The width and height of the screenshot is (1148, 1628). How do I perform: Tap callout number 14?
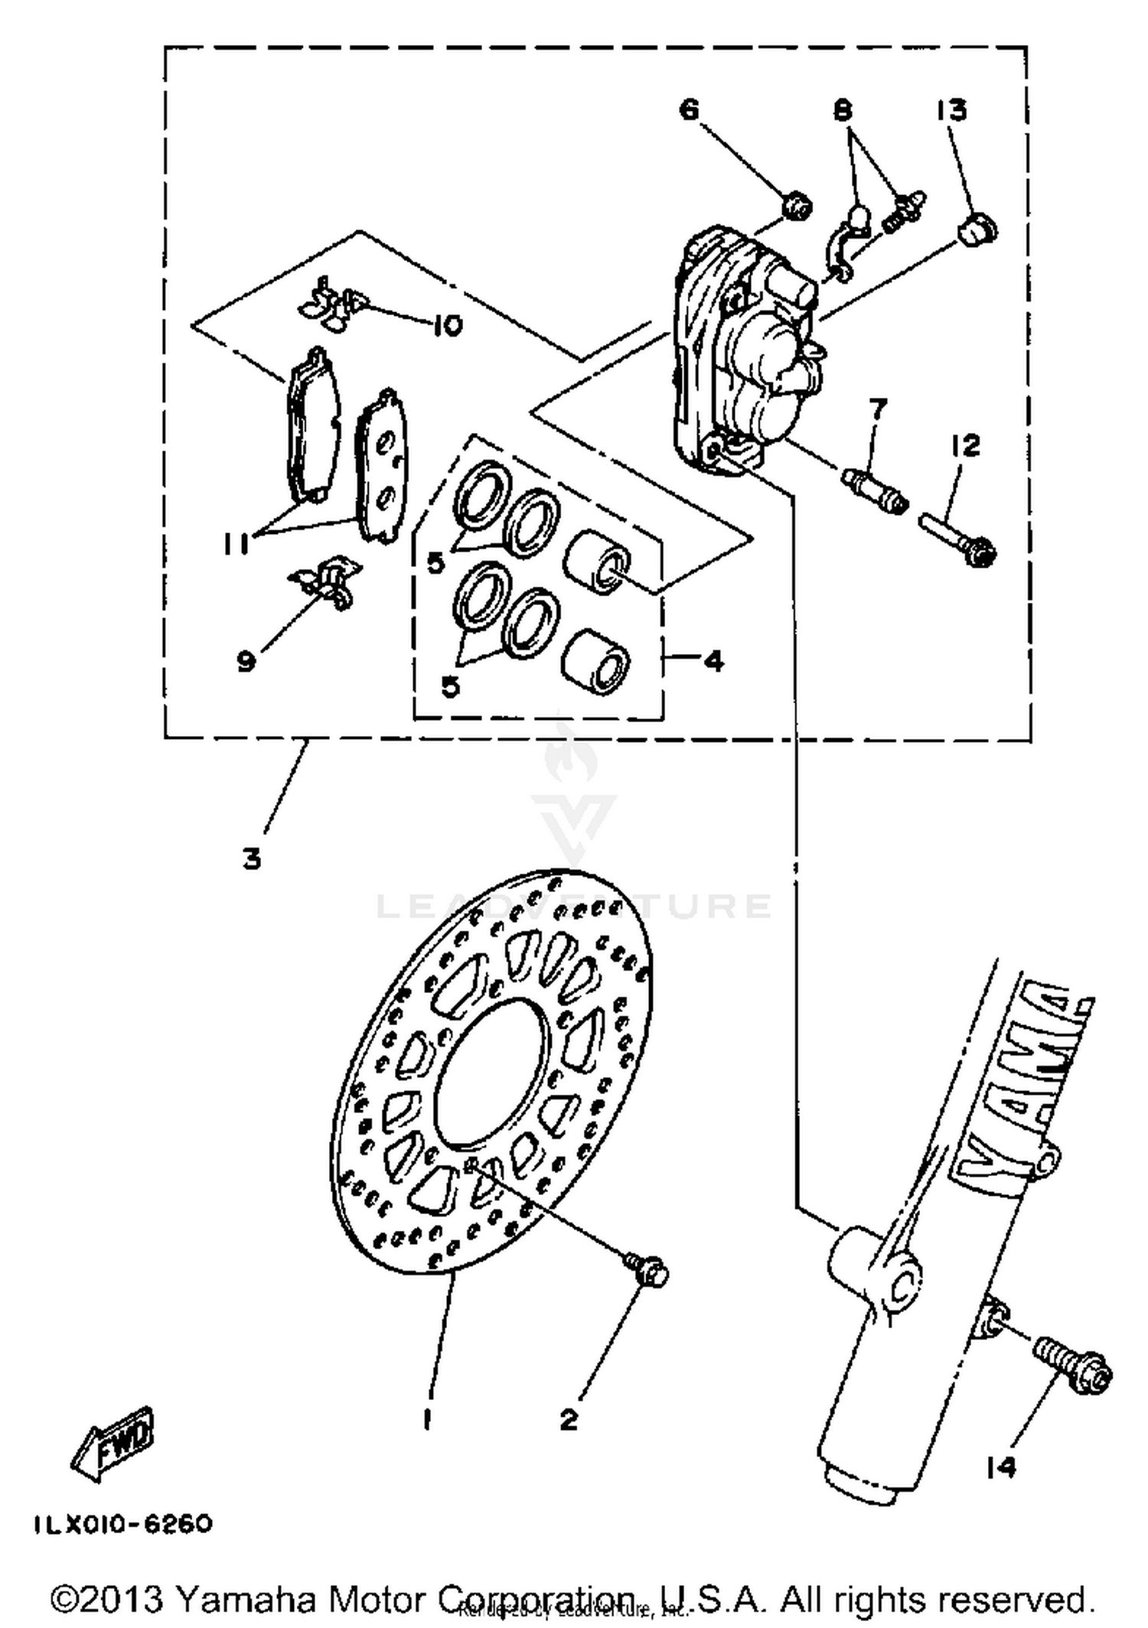tap(1000, 1467)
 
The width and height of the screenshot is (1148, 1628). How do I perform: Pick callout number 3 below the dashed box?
tap(252, 859)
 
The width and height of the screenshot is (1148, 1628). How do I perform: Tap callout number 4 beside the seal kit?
tap(713, 659)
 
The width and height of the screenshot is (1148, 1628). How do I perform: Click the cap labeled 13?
tap(977, 229)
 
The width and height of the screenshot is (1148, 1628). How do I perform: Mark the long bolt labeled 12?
tap(957, 539)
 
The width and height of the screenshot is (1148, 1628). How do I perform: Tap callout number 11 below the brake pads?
tap(236, 544)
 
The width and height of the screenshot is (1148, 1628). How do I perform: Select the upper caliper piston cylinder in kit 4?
tap(597, 561)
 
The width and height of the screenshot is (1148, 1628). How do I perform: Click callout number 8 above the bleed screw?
tap(843, 111)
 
